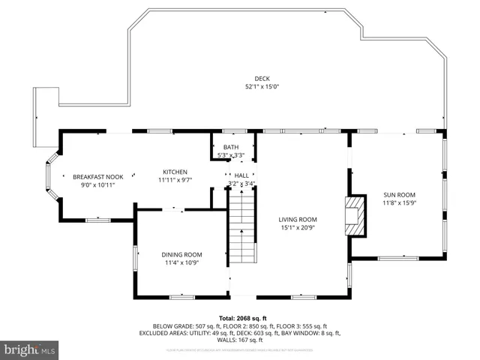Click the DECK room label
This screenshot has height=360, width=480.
262,79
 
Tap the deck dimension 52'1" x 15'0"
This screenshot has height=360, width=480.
262,87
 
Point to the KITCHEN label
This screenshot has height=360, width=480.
175,172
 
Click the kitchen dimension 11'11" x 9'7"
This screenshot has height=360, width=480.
175,180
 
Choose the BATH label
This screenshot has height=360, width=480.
230,147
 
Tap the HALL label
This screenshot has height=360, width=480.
241,175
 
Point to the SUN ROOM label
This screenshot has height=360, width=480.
399,194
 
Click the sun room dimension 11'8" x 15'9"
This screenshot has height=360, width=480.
399,202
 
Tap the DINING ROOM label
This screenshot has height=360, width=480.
181,255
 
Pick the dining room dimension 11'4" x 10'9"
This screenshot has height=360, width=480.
181,263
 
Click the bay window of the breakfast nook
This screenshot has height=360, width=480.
51,177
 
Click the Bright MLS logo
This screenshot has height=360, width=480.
30,349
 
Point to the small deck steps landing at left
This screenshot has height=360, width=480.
46,104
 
